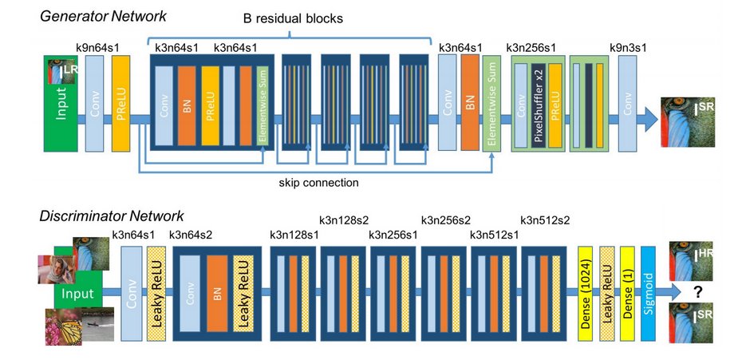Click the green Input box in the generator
(61, 104)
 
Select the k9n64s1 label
(97, 48)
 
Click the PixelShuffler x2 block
(538, 105)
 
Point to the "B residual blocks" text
(293, 19)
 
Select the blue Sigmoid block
(649, 293)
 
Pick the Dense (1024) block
(586, 293)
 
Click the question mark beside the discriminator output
(697, 294)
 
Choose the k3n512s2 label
(545, 220)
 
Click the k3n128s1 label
(294, 235)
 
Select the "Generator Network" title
(103, 17)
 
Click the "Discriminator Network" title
(111, 217)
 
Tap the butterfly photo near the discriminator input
(63, 326)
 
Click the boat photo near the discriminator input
(98, 324)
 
